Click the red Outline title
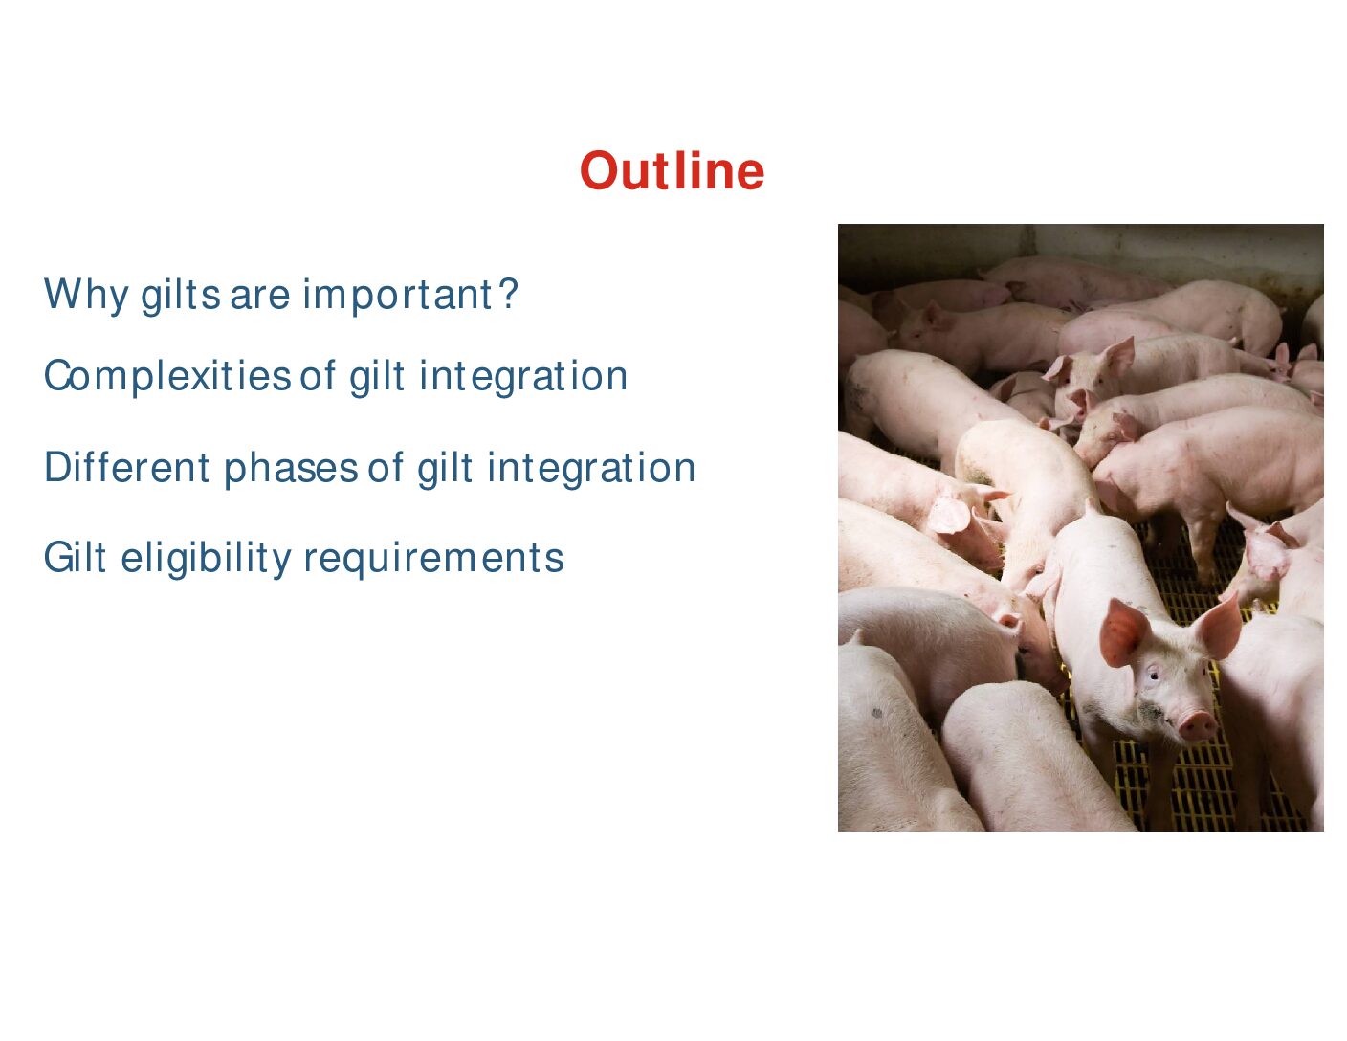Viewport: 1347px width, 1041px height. pyautogui.click(x=672, y=170)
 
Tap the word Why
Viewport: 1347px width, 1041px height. pyautogui.click(x=86, y=295)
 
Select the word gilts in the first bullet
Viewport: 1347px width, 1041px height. pyautogui.click(x=181, y=295)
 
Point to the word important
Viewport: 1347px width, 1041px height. pyautogui.click(x=397, y=295)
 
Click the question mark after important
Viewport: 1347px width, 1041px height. pyautogui.click(x=508, y=294)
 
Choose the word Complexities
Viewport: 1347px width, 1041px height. pyautogui.click(x=166, y=376)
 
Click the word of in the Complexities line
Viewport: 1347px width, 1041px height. pyautogui.click(x=318, y=376)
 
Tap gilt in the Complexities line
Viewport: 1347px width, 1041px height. pyautogui.click(x=377, y=376)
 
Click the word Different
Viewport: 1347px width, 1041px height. pyautogui.click(x=126, y=468)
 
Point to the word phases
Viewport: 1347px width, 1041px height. pyautogui.click(x=291, y=469)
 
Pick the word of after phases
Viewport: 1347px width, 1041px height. pyautogui.click(x=386, y=468)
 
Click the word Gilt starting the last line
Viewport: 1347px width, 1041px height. pyautogui.click(x=75, y=557)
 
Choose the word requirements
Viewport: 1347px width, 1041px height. pyautogui.click(x=434, y=559)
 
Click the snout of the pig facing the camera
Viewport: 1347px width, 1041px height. pyautogui.click(x=1197, y=725)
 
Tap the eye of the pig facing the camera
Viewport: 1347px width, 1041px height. pyautogui.click(x=1153, y=674)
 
